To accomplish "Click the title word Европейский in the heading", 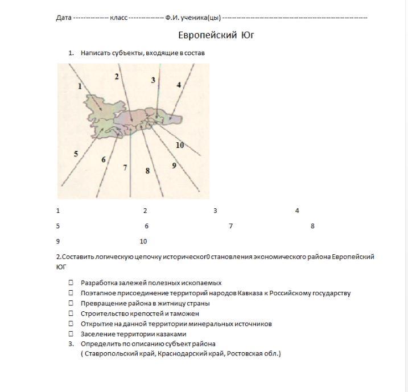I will pyautogui.click(x=207, y=35).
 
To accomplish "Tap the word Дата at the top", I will pyautogui.click(x=64, y=18).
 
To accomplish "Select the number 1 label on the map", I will pyautogui.click(x=80, y=86).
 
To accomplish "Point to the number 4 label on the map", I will pyautogui.click(x=179, y=85).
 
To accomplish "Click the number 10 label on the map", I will pyautogui.click(x=180, y=145).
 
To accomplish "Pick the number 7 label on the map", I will pyautogui.click(x=125, y=167).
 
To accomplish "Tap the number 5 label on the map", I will pyautogui.click(x=76, y=154).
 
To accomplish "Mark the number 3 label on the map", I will pyautogui.click(x=153, y=80).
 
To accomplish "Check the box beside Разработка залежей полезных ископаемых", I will pyautogui.click(x=71, y=283).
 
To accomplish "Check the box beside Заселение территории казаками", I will pyautogui.click(x=71, y=334).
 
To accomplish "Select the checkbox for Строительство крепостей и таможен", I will pyautogui.click(x=71, y=313).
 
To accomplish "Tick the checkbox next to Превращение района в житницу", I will pyautogui.click(x=71, y=303).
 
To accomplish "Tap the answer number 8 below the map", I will pyautogui.click(x=312, y=226).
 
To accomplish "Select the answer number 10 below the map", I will pyautogui.click(x=143, y=241).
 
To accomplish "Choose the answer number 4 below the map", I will pyautogui.click(x=297, y=211).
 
